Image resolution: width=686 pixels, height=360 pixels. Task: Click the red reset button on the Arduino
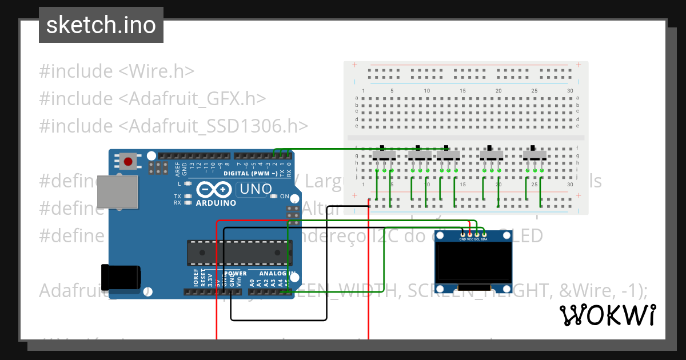pyautogui.click(x=129, y=162)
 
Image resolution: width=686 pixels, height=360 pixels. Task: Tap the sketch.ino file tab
pyautogui.click(x=101, y=25)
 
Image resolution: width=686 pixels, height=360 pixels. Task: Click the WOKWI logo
pyautogui.click(x=607, y=315)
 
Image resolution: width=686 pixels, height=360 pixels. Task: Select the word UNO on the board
pyautogui.click(x=256, y=189)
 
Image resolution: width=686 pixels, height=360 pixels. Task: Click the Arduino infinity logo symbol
pyautogui.click(x=215, y=190)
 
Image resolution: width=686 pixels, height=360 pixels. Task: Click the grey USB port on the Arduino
pyautogui.click(x=117, y=191)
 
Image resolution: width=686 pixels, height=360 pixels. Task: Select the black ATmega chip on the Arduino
pyautogui.click(x=240, y=253)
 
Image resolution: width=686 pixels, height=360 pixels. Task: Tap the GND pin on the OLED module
pyautogui.click(x=463, y=234)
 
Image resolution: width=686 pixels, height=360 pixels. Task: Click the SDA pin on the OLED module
pyautogui.click(x=484, y=234)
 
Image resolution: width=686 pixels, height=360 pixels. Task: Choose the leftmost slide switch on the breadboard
pyautogui.click(x=384, y=155)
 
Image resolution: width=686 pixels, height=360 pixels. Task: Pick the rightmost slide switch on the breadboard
pyautogui.click(x=535, y=155)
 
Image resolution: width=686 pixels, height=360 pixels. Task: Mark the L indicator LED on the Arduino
pyautogui.click(x=186, y=184)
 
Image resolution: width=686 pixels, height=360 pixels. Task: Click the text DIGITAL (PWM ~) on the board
pyautogui.click(x=250, y=173)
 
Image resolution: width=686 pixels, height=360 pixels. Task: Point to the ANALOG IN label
pyautogui.click(x=277, y=274)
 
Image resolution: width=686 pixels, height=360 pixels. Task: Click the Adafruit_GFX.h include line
pyautogui.click(x=153, y=98)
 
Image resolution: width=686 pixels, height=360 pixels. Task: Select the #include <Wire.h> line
pyautogui.click(x=117, y=71)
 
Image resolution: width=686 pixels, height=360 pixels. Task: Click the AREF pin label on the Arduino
pyautogui.click(x=177, y=168)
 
